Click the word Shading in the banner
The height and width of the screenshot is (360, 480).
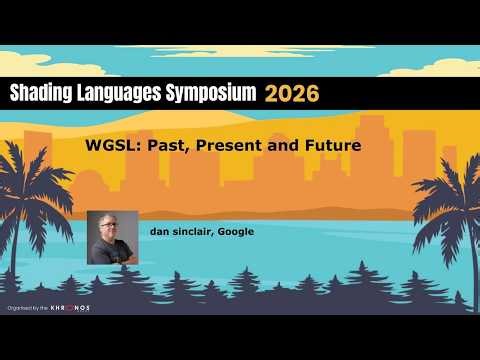(x=40, y=93)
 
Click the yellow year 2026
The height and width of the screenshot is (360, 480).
(x=292, y=93)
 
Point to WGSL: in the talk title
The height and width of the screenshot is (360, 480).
(x=112, y=146)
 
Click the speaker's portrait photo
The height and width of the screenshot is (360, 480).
(x=112, y=237)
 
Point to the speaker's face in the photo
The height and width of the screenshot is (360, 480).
(x=111, y=229)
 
